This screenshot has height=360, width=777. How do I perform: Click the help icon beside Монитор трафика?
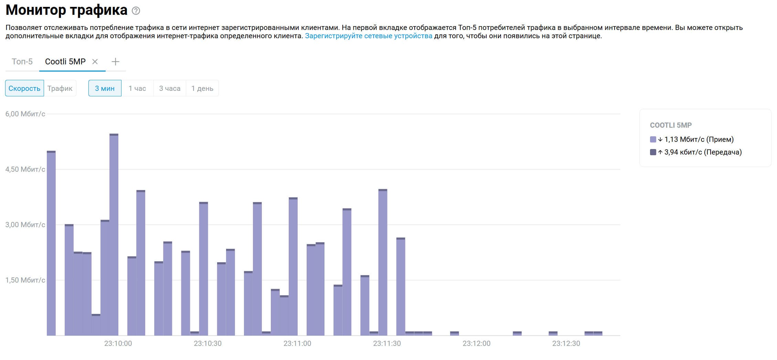[x=136, y=11]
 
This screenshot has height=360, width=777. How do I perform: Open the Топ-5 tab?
[x=22, y=62]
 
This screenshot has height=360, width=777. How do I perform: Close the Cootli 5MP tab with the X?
[x=95, y=62]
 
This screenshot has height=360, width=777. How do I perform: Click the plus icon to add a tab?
[x=116, y=62]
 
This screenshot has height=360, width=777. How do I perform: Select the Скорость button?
[x=24, y=88]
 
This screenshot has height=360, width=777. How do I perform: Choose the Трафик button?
[x=60, y=88]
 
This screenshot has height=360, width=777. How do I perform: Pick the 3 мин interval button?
[x=105, y=88]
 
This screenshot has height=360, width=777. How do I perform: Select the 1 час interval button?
[x=137, y=88]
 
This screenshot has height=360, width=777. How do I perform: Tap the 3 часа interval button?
[x=170, y=88]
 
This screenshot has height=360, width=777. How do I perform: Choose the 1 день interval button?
[x=202, y=88]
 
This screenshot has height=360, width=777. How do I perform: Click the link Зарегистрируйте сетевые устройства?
[x=369, y=36]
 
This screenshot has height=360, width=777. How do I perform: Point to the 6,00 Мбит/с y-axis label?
[x=25, y=114]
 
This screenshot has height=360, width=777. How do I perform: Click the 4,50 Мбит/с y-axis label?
[x=25, y=169]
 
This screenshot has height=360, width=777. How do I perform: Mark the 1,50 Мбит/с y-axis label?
[x=25, y=280]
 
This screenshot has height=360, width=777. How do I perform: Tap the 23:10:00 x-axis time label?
[x=118, y=343]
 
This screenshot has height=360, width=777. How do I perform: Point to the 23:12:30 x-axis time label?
[x=566, y=343]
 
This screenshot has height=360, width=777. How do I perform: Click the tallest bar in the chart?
[x=114, y=234]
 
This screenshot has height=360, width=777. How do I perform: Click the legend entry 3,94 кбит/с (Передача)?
[x=699, y=152]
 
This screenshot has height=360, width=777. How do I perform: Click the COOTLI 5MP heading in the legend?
[x=671, y=125]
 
